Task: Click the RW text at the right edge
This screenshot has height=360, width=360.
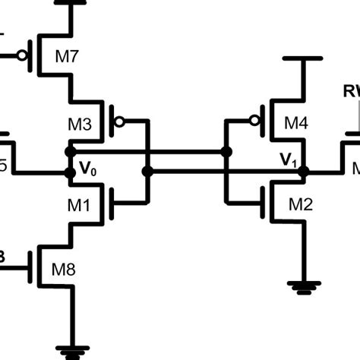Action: coord(352,92)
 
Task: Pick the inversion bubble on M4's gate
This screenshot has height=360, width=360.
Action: coord(255,121)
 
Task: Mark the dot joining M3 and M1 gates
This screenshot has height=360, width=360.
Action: coord(147,172)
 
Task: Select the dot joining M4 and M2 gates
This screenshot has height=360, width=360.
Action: coord(226,152)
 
